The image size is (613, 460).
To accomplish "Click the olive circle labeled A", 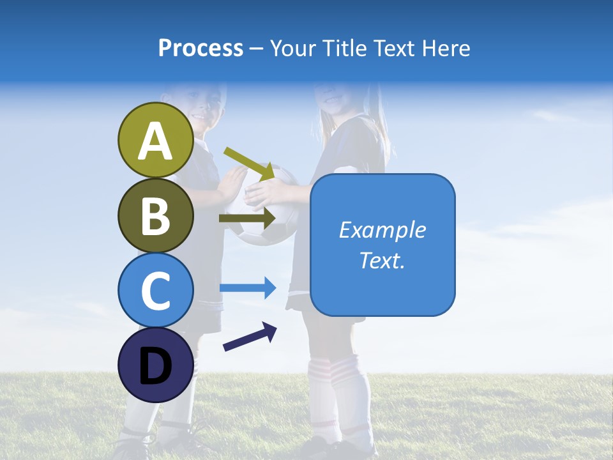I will coord(155,141).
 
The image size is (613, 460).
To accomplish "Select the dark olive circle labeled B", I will coord(155,215).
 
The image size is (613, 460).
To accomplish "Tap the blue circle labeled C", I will coord(155,290).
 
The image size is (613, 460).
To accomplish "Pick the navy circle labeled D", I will coord(155,365).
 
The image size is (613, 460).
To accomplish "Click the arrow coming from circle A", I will coord(249,163).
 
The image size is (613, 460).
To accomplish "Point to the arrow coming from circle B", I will coord(246,218).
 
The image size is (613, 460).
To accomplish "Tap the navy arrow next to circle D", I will coord(249,337).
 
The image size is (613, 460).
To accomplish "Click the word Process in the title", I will coord(201,48).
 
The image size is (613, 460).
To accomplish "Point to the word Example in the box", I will coord(382,230).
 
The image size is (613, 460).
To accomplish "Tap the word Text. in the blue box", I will coord(382,260).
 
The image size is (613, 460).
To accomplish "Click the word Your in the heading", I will coord(291,48).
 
